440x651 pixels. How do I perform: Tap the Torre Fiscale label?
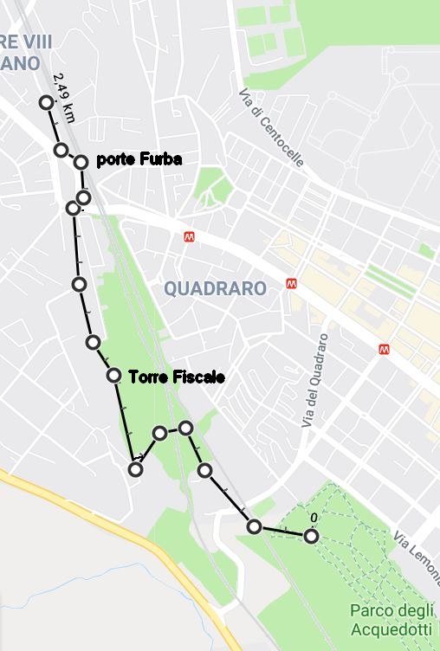[177, 377]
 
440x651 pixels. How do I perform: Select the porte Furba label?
[139, 160]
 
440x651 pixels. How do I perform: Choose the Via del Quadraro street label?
[314, 381]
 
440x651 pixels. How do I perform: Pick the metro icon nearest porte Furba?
[189, 236]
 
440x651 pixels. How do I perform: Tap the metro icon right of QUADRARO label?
[293, 283]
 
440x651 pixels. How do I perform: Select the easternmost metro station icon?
[385, 349]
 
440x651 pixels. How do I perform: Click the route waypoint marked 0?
[311, 537]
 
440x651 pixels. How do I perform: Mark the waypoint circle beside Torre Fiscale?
[113, 375]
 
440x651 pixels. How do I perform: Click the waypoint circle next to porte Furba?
[81, 162]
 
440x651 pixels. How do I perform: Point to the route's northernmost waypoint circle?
[47, 103]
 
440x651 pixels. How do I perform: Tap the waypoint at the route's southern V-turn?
[135, 469]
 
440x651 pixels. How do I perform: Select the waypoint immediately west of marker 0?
[254, 525]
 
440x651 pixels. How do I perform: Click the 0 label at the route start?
[313, 519]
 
